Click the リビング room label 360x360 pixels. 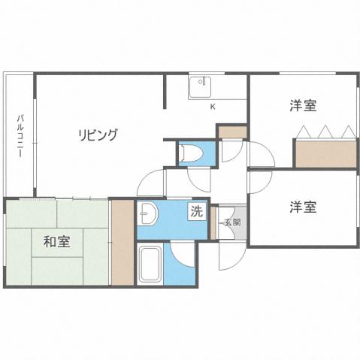point(98,135)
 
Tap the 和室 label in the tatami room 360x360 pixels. point(56,242)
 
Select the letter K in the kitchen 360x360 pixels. point(212,107)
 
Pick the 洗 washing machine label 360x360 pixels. point(195,212)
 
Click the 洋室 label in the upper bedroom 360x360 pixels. point(302,106)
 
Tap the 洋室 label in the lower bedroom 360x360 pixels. point(302,205)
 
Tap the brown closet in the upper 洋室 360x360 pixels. point(325,154)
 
